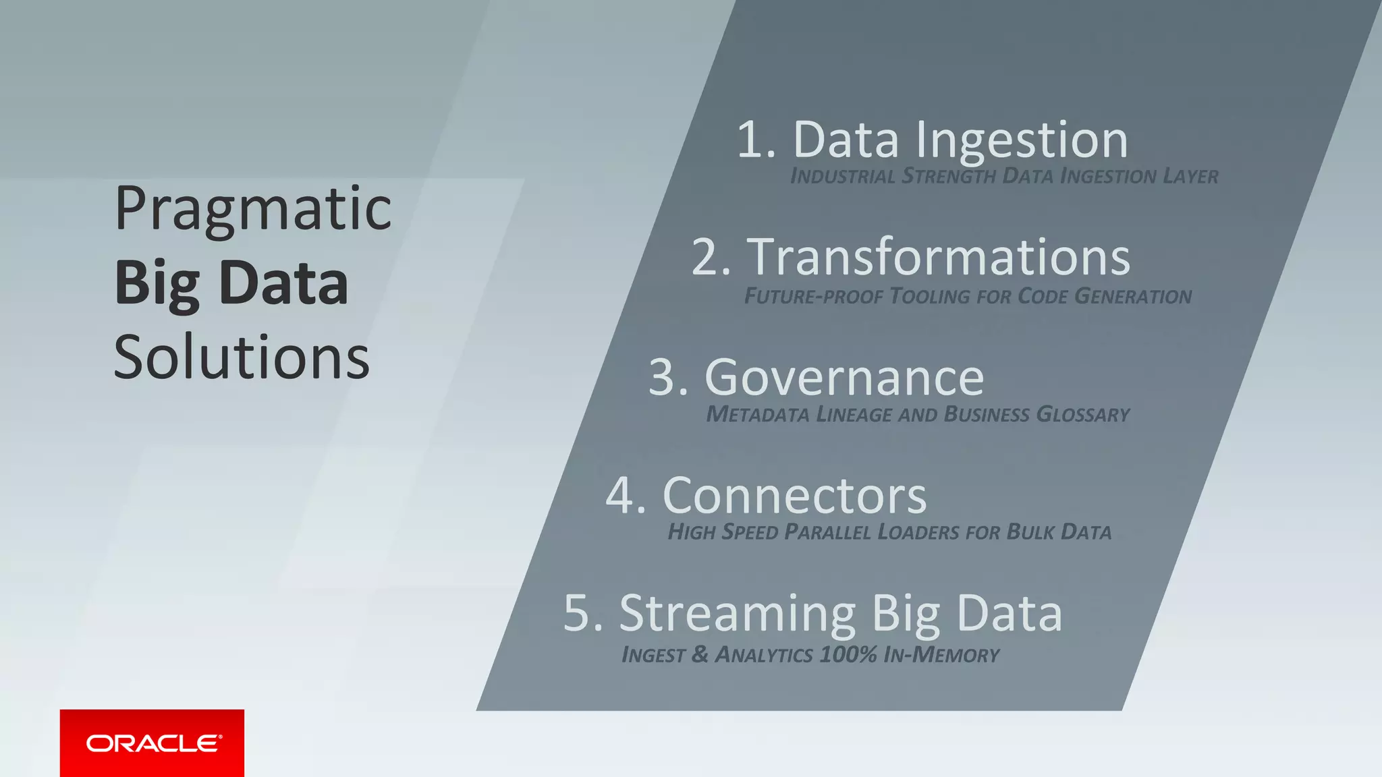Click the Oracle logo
[153, 743]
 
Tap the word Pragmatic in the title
[253, 209]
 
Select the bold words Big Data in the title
[231, 283]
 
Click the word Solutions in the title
[242, 357]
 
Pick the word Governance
[844, 378]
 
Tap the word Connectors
[795, 496]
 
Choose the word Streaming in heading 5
[738, 614]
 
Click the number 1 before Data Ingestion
[751, 140]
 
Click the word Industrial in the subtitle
[843, 177]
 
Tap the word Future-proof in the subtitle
[813, 296]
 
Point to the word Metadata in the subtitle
[757, 414]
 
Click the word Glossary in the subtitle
[1082, 414]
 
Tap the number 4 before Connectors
[621, 496]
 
